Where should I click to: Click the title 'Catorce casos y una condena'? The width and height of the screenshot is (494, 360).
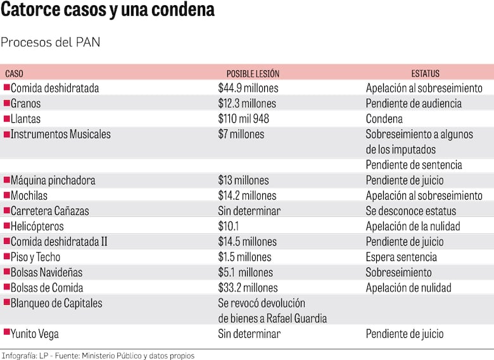[108, 11]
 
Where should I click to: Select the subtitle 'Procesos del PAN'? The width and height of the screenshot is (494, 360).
[50, 42]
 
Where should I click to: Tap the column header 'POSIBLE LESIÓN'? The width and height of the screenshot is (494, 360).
[253, 74]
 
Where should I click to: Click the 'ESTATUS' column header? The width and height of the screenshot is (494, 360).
[425, 74]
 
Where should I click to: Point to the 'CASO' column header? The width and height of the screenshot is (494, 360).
[14, 74]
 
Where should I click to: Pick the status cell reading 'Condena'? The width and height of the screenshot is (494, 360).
[384, 119]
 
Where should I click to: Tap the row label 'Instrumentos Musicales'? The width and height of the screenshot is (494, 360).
[60, 134]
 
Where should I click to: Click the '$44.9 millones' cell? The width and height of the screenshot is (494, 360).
[248, 88]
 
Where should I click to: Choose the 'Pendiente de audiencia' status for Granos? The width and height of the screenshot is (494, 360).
[414, 103]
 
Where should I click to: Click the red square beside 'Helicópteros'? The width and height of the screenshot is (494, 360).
[6, 225]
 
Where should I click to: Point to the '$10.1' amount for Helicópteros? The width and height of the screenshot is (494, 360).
[228, 226]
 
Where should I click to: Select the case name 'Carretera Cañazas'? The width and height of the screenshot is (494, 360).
[50, 211]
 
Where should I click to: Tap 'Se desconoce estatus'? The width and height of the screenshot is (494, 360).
[410, 211]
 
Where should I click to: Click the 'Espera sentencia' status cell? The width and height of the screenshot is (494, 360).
[401, 257]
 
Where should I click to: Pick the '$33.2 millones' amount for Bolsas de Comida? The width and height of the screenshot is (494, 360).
[248, 288]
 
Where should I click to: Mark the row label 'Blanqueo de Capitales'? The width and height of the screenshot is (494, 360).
[56, 303]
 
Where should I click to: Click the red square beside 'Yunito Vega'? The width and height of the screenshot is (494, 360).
[6, 332]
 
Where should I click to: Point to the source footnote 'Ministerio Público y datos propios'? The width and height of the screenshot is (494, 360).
[138, 356]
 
